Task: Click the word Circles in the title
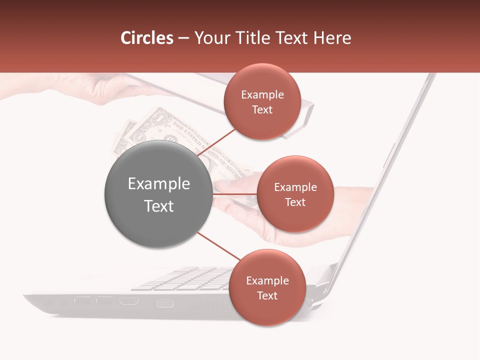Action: [x=147, y=38]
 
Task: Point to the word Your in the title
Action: [x=210, y=38]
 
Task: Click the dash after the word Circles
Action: [x=183, y=38]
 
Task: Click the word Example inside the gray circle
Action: [x=159, y=184]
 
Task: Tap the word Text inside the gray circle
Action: [x=159, y=206]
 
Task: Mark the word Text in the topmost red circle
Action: [x=262, y=109]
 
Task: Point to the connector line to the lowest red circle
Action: [x=218, y=246]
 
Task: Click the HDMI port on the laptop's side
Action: [x=129, y=301]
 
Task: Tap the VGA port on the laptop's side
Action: [x=164, y=302]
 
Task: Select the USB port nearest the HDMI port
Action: [x=104, y=300]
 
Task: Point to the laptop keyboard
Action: [x=185, y=278]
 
